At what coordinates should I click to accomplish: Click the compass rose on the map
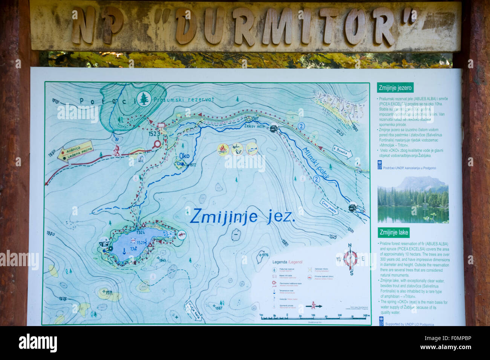(351, 259)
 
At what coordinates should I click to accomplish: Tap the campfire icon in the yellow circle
(223, 150)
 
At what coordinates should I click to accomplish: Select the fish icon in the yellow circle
(251, 149)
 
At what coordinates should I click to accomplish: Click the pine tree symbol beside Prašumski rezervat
(144, 99)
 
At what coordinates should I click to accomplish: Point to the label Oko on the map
(184, 156)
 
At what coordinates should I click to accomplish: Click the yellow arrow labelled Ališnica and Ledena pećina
(75, 150)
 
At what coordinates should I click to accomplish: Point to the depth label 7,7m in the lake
(133, 249)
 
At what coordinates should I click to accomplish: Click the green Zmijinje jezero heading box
(395, 88)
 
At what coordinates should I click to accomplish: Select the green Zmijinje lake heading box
(394, 232)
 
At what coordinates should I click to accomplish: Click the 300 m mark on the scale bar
(364, 315)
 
